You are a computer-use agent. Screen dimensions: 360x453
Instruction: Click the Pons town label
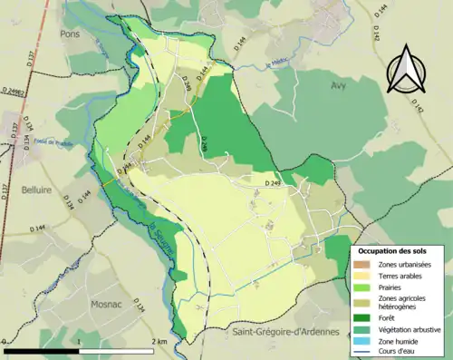[x=70, y=33]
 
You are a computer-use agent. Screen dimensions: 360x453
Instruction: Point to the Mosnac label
[x=107, y=306]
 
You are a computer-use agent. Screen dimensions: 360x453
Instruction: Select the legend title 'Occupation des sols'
[x=395, y=248]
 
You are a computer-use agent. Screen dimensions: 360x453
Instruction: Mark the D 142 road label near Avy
[x=394, y=110]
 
